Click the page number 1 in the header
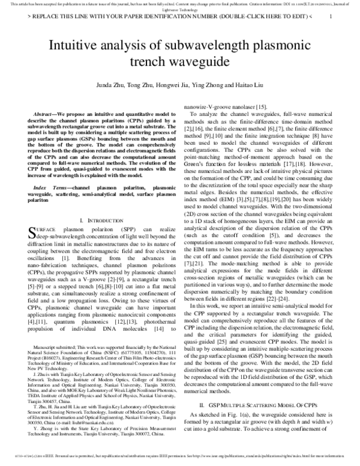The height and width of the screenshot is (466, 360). coord(331,17)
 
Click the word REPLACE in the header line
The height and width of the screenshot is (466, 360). coord(49,17)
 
